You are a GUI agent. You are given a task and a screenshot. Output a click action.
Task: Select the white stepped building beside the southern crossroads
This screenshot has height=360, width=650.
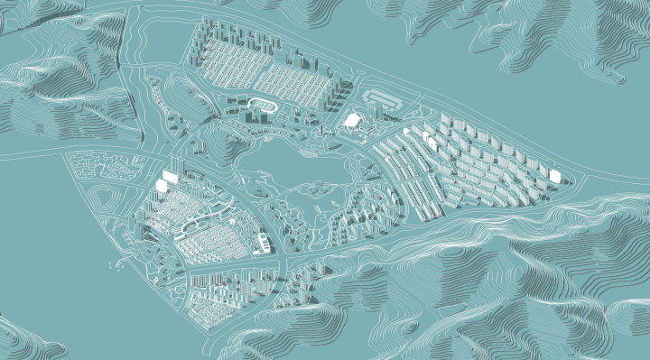[x=263, y=242]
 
